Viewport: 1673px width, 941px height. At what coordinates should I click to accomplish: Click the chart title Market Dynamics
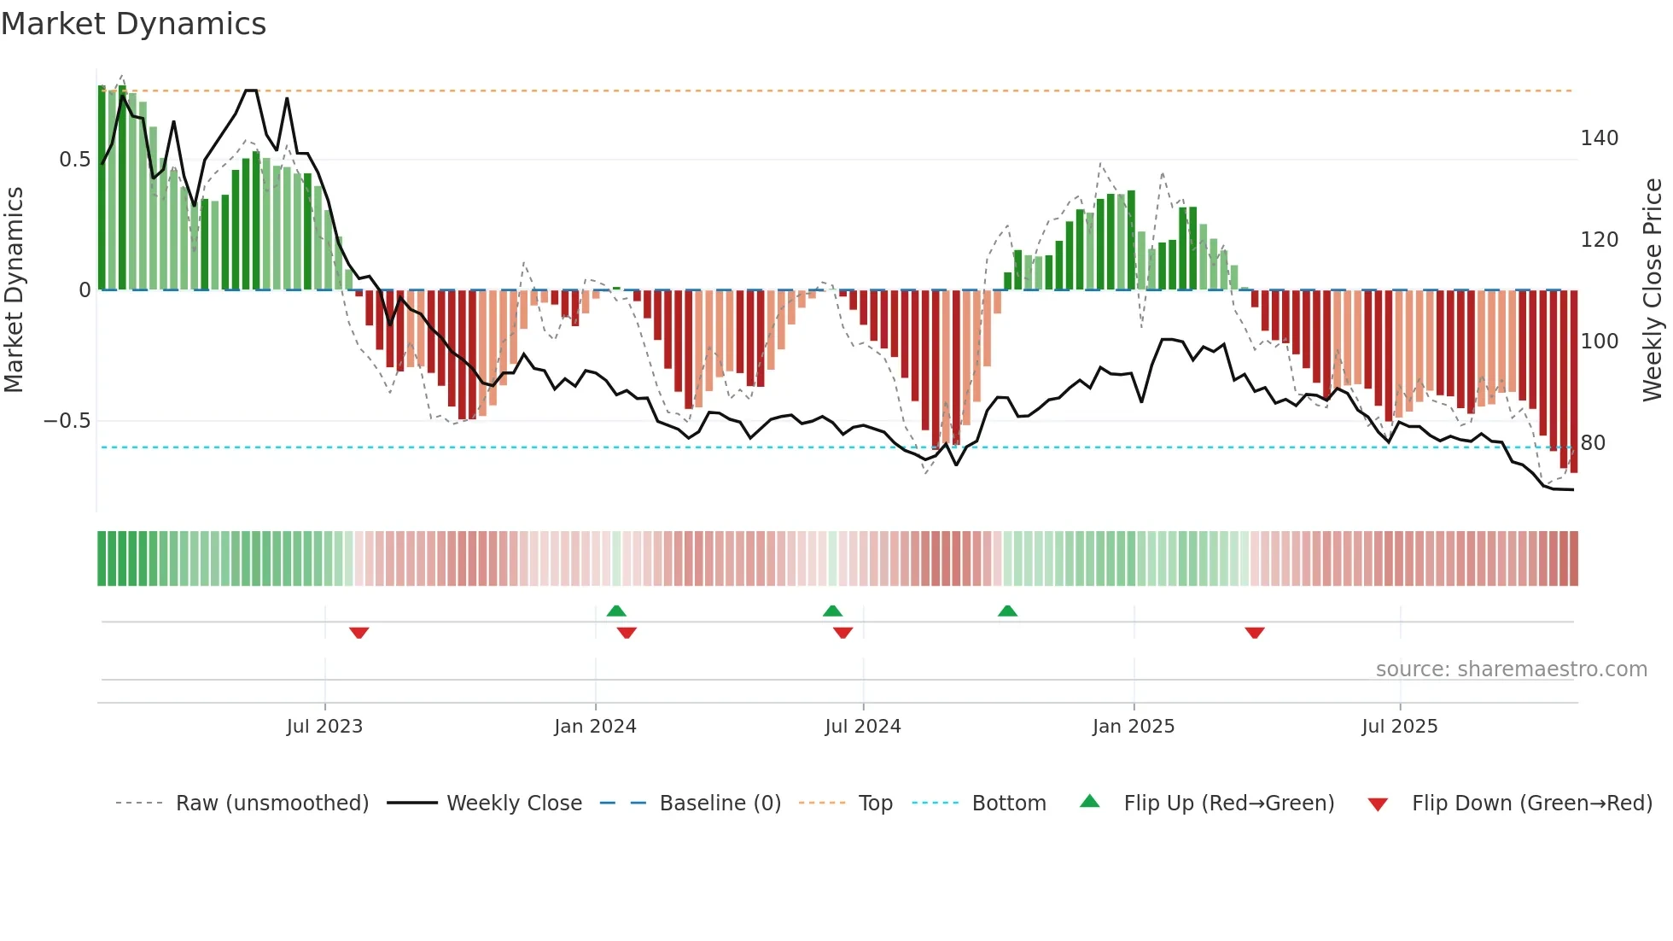(133, 24)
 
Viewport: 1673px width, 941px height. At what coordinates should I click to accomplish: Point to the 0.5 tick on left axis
(74, 160)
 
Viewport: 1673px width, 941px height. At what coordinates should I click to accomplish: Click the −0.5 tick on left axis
(67, 421)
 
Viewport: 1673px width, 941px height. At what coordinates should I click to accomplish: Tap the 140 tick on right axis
(1599, 138)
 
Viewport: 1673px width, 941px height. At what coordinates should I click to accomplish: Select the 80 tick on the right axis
(1592, 443)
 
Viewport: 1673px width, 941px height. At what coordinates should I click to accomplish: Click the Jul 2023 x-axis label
(324, 727)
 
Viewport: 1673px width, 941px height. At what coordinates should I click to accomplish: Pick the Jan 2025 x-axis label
(1133, 727)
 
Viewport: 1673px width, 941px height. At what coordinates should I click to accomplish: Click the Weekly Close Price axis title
(1653, 290)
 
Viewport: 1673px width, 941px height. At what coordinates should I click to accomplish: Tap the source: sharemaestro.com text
(1511, 669)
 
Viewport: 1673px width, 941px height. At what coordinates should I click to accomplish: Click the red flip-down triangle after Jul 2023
(358, 633)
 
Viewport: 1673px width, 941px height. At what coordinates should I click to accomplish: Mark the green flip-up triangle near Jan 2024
(616, 611)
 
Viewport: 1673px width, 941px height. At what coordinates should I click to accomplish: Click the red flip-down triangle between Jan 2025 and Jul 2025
(1254, 633)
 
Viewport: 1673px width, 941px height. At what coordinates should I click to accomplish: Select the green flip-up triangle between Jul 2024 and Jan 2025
(1007, 611)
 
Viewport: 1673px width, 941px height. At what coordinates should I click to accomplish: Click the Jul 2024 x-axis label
(862, 727)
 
